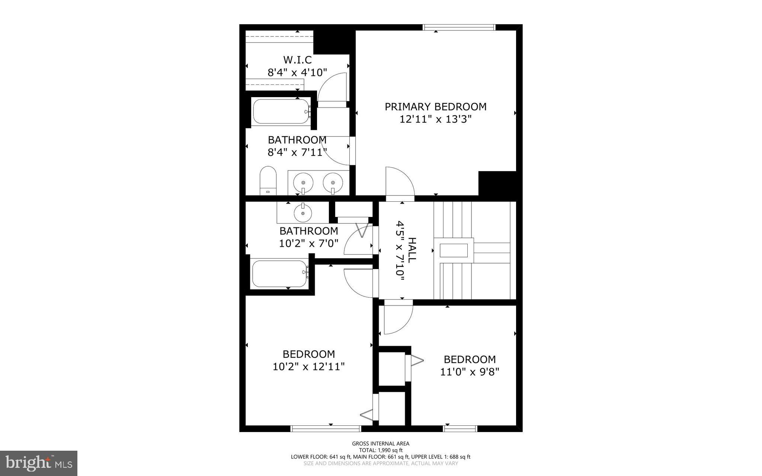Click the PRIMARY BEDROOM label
[x=435, y=107]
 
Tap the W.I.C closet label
[x=297, y=60]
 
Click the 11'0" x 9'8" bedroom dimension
[x=470, y=372]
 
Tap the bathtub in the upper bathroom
[x=281, y=111]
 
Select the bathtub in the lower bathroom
[x=279, y=274]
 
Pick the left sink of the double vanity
[x=303, y=183]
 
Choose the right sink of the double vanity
[x=332, y=183]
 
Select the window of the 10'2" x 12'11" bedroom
[x=326, y=429]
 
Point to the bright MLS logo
[x=39, y=463]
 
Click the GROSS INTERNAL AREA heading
[x=381, y=444]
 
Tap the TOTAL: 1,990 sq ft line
[x=381, y=450]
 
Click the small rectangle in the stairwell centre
[x=454, y=250]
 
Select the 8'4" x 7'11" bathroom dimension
[x=297, y=152]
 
